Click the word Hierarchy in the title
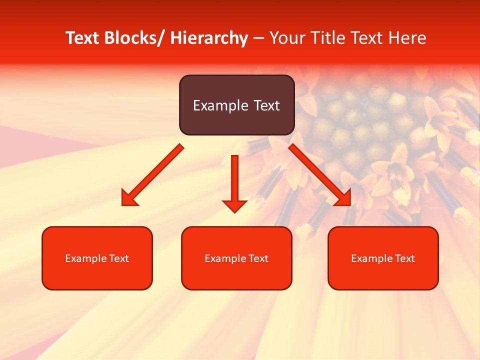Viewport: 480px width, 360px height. [208, 38]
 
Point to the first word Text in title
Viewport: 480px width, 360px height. [82, 38]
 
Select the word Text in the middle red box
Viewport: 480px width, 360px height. [259, 258]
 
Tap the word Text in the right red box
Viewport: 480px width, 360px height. [405, 258]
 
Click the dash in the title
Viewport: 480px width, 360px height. [258, 38]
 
